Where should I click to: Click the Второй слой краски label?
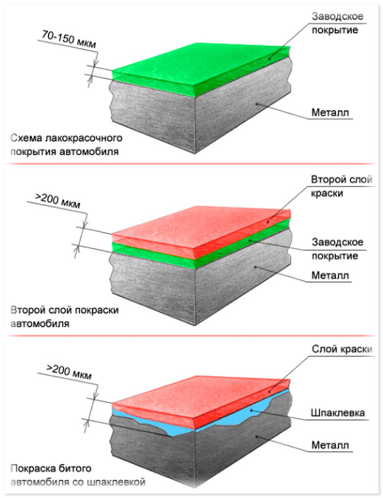pos(336,187)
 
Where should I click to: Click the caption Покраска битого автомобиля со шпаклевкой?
pos(77,474)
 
